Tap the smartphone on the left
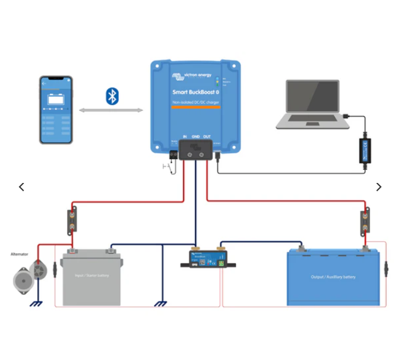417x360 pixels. [x=56, y=110]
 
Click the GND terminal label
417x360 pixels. [x=195, y=137]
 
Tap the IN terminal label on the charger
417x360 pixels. [x=185, y=137]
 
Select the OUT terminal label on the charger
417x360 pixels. [x=207, y=137]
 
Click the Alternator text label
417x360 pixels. [x=20, y=254]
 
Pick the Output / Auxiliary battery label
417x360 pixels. [x=333, y=277]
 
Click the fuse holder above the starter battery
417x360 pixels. [x=72, y=220]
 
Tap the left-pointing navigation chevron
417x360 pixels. [x=22, y=187]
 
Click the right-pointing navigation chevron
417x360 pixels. [x=378, y=187]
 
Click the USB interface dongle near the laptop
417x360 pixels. [x=364, y=150]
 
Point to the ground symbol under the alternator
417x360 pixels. [x=36, y=304]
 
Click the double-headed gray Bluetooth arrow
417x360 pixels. [x=111, y=110]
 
